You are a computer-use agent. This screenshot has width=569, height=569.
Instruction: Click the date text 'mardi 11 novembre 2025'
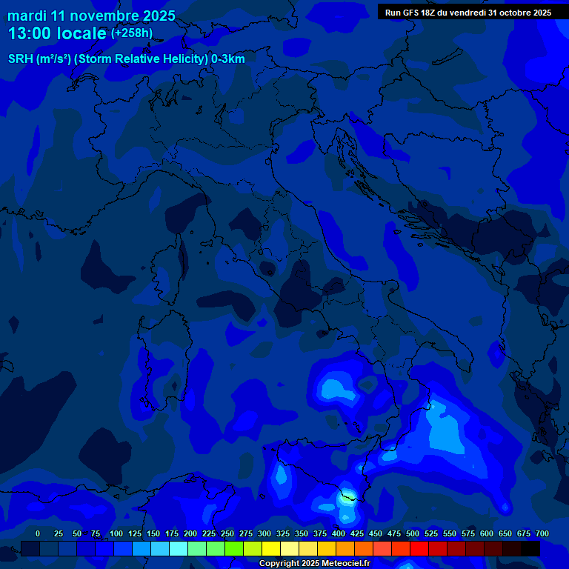point(91,16)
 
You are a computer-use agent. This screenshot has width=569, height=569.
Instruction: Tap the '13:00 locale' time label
point(57,33)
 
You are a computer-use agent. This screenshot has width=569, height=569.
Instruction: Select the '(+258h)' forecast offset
point(131,33)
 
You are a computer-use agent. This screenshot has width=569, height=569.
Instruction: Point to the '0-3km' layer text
point(227,59)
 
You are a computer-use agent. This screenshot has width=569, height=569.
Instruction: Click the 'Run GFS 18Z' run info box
point(467,13)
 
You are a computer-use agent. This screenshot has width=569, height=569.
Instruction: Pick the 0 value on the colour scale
point(38,533)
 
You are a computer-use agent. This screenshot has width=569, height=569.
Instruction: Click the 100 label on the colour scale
point(116,533)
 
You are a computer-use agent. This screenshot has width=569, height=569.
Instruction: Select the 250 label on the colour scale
point(227,533)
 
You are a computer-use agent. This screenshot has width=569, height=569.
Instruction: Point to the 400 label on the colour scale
point(339,533)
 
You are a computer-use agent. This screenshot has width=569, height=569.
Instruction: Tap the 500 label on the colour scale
point(413,533)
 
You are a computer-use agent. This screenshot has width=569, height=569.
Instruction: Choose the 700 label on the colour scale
point(542,533)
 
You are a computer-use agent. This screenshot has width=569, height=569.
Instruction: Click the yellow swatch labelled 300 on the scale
point(271,548)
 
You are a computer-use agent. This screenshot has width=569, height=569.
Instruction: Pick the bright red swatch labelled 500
point(419,548)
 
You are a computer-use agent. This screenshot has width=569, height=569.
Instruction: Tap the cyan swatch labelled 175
point(179,548)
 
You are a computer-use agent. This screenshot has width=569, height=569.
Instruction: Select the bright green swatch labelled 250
point(234,548)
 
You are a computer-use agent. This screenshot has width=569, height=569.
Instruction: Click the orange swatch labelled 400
point(345,548)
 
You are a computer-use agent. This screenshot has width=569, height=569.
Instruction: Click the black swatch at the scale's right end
point(530,548)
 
